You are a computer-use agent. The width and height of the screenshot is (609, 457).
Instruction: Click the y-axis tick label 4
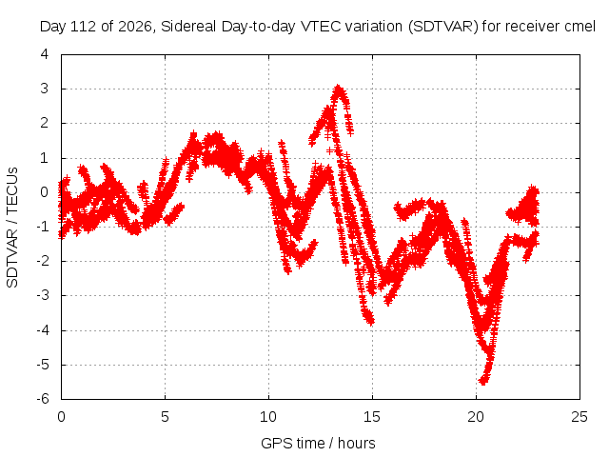click(x=45, y=54)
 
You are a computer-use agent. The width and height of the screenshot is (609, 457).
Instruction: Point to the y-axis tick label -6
click(x=43, y=399)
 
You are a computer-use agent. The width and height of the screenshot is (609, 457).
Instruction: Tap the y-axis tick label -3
click(x=43, y=295)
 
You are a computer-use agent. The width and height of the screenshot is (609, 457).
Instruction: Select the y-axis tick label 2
click(x=45, y=123)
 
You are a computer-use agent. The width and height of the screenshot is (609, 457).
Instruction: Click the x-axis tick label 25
click(x=580, y=417)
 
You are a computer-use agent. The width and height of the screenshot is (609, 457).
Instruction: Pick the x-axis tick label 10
click(x=268, y=417)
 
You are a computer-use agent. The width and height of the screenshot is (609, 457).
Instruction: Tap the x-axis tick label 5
click(x=165, y=417)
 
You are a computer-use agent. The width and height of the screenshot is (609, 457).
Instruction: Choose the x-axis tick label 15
click(x=372, y=417)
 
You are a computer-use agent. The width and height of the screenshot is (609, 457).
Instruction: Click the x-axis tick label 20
click(x=476, y=417)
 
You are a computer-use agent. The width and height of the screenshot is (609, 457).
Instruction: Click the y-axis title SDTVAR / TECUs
click(x=12, y=228)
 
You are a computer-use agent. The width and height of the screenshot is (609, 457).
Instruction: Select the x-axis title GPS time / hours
click(x=318, y=443)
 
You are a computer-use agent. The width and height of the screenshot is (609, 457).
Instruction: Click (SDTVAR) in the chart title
click(x=443, y=27)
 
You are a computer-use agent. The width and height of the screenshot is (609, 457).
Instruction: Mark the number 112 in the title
click(x=84, y=27)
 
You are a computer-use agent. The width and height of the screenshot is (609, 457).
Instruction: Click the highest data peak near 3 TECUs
click(x=339, y=88)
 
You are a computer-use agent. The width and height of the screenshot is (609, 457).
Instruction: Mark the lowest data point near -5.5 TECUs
click(x=482, y=381)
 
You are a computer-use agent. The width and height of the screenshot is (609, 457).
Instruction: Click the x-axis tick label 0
click(x=61, y=417)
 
